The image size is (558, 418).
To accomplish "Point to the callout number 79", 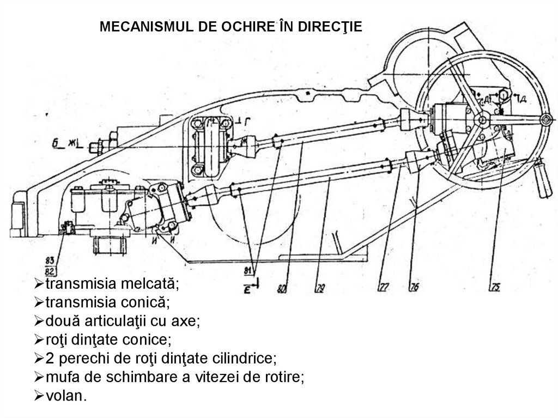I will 320,287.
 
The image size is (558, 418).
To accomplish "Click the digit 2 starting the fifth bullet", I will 49,359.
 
